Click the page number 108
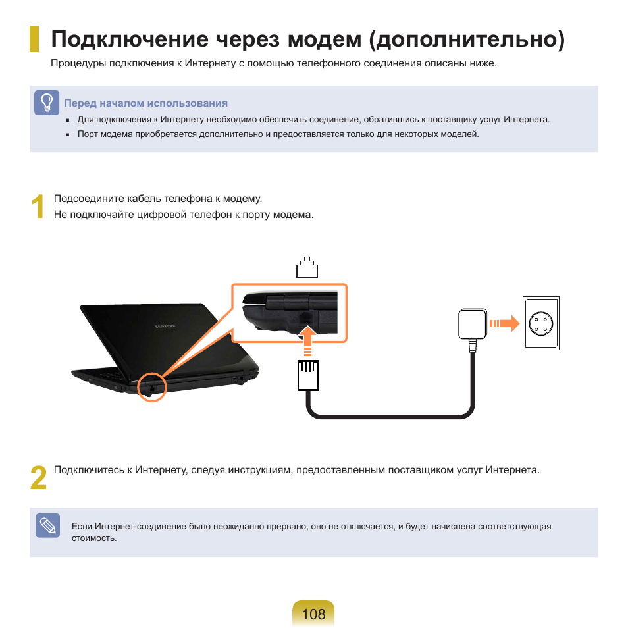coord(314,614)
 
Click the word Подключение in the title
coord(130,39)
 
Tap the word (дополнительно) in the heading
coord(467,39)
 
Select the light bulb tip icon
coord(47,103)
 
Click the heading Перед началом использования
coord(145,103)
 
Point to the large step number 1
coord(39,207)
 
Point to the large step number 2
coord(39,478)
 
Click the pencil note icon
coord(47,525)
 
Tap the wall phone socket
coord(541,323)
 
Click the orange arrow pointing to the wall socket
coord(504,323)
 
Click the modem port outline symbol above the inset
coord(307,267)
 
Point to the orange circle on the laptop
coord(153,387)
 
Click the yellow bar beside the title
coord(34,39)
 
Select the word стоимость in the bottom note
coord(93,538)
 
